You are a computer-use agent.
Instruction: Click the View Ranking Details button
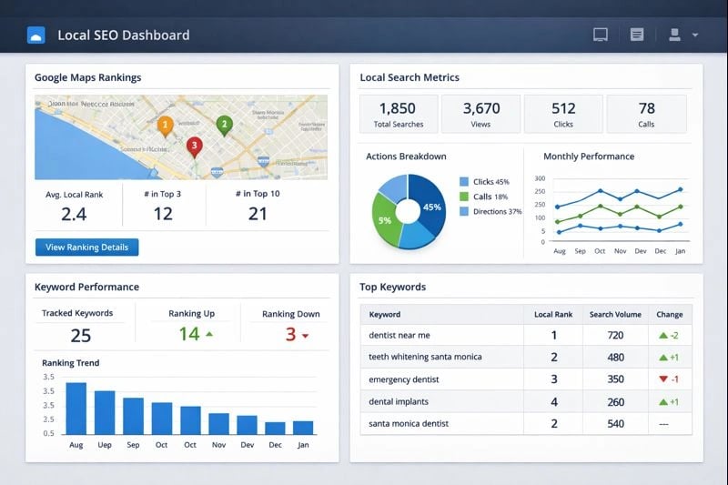coord(86,247)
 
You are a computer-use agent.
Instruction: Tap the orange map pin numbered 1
coord(165,125)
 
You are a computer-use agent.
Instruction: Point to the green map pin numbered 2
coord(224,125)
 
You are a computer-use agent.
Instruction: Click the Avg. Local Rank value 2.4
coord(74,214)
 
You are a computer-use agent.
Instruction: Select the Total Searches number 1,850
coord(397,108)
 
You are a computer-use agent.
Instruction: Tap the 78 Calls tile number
coord(646,108)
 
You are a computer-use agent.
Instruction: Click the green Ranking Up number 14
coord(189,334)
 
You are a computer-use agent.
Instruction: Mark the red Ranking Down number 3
coord(290,334)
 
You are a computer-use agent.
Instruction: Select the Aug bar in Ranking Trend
coord(76,408)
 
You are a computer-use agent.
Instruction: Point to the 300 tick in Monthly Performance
coord(539,179)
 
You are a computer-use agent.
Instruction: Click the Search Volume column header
coord(615,314)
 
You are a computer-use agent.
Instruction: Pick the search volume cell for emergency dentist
coord(615,379)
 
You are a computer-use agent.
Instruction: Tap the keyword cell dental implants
coord(399,401)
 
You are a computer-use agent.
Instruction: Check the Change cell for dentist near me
coord(669,336)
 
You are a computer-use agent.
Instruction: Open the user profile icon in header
coord(675,35)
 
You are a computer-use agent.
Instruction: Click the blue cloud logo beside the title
coord(35,35)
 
